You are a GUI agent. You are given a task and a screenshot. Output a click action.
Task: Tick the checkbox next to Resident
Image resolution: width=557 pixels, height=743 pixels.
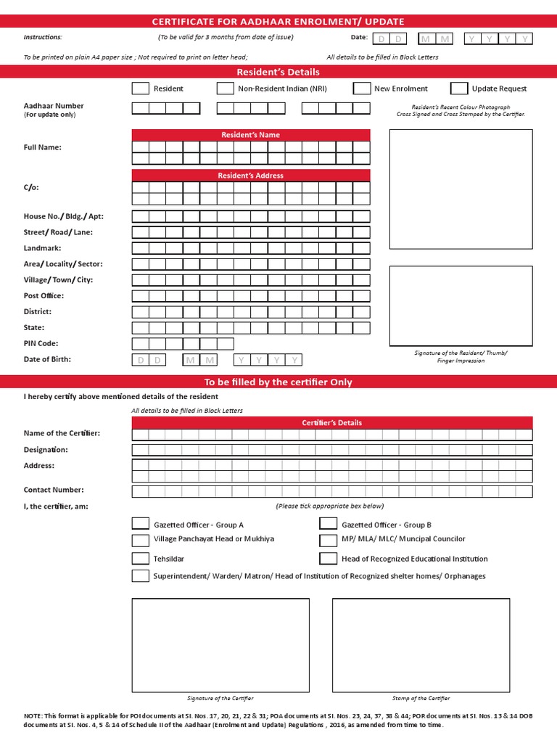pyautogui.click(x=141, y=89)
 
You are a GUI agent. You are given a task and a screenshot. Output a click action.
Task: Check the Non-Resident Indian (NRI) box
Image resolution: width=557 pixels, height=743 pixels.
pyautogui.click(x=225, y=89)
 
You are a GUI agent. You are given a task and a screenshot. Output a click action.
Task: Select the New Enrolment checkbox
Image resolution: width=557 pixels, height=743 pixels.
pyautogui.click(x=362, y=89)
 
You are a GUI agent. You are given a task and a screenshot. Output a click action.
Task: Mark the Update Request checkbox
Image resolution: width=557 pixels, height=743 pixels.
pyautogui.click(x=459, y=89)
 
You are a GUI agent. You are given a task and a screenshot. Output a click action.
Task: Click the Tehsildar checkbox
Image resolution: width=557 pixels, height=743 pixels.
pyautogui.click(x=141, y=559)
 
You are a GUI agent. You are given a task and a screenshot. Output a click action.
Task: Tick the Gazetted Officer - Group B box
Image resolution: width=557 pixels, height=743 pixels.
pyautogui.click(x=329, y=524)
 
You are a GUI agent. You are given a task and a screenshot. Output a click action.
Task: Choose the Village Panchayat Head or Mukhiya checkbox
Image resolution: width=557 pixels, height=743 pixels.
pyautogui.click(x=141, y=540)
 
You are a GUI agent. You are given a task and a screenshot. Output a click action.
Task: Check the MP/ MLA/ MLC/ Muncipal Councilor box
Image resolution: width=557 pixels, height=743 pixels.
pyautogui.click(x=329, y=540)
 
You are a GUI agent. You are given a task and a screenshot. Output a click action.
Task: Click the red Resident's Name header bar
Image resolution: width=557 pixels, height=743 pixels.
pyautogui.click(x=250, y=135)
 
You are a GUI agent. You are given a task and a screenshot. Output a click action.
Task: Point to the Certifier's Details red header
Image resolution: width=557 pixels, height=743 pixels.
pyautogui.click(x=331, y=422)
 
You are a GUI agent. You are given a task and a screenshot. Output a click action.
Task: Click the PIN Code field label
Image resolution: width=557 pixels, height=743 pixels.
pyautogui.click(x=41, y=343)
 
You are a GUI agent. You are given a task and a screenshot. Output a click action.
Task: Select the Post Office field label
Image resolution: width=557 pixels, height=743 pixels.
pyautogui.click(x=44, y=295)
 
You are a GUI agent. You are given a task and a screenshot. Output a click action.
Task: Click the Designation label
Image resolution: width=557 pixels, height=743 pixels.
pyautogui.click(x=46, y=450)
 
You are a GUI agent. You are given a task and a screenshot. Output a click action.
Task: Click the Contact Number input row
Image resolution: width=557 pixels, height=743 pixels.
pyautogui.click(x=331, y=491)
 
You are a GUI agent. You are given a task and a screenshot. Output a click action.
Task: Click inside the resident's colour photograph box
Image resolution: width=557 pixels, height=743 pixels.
pyautogui.click(x=461, y=189)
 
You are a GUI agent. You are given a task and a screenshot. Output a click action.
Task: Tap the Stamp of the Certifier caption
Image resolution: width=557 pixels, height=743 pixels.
pyautogui.click(x=421, y=698)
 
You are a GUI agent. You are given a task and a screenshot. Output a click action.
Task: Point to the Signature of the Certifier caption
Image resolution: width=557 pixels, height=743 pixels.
pyautogui.click(x=220, y=698)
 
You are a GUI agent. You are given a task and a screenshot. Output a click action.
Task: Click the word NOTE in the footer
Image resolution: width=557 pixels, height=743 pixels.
pyautogui.click(x=33, y=715)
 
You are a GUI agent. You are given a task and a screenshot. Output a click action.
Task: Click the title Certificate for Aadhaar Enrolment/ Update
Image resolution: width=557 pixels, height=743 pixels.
pyautogui.click(x=278, y=22)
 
